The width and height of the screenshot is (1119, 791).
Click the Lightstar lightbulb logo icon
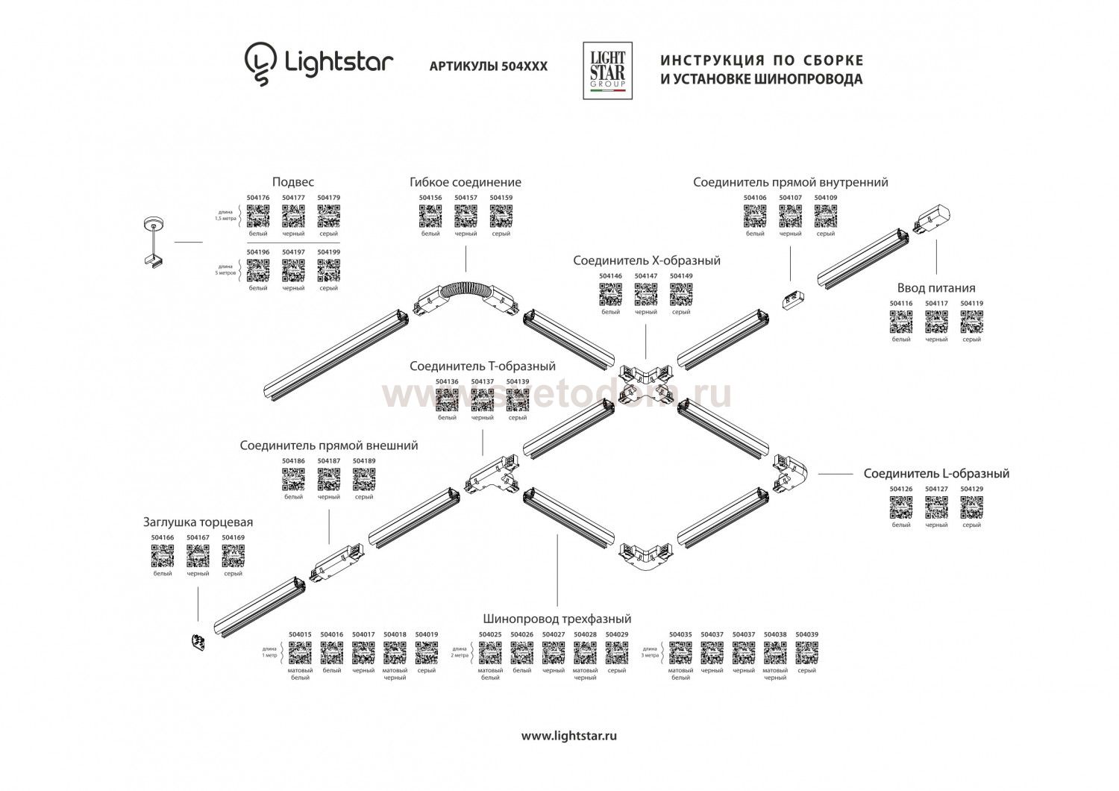pyautogui.click(x=260, y=64)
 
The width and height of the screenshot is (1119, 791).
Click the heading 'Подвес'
pyautogui.click(x=293, y=182)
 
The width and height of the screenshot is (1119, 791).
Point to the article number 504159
pyautogui.click(x=501, y=198)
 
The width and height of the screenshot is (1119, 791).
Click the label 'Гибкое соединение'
pyautogui.click(x=465, y=182)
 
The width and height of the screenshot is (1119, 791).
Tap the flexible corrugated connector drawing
pyautogui.click(x=466, y=292)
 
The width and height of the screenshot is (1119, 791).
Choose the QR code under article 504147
pyautogui.click(x=645, y=295)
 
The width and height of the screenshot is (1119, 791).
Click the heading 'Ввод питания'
pyautogui.click(x=935, y=288)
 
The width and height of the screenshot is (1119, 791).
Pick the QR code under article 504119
pyautogui.click(x=971, y=322)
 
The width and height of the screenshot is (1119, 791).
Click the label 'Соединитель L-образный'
pyautogui.click(x=936, y=474)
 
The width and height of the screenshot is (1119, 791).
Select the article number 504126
pyautogui.click(x=901, y=490)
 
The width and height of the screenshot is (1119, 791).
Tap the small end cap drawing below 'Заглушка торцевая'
pyautogui.click(x=199, y=642)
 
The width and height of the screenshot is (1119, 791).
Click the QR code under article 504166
pyautogui.click(x=163, y=556)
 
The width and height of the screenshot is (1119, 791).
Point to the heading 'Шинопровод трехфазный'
pyautogui.click(x=557, y=619)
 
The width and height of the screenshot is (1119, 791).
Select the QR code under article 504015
pyautogui.click(x=300, y=653)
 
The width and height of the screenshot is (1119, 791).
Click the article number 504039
pyautogui.click(x=806, y=635)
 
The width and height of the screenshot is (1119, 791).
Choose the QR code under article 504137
pyautogui.click(x=483, y=400)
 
